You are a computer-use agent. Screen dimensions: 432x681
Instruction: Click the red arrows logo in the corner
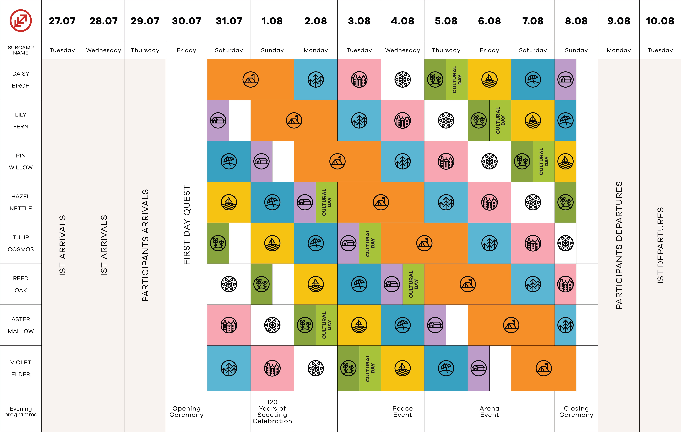point(21,21)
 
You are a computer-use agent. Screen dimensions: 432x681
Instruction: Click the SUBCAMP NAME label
point(21,50)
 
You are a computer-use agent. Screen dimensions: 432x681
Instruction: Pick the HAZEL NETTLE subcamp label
point(21,202)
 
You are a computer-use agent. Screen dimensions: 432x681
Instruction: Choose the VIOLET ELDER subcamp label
point(21,368)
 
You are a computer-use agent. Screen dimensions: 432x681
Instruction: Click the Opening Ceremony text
point(186,412)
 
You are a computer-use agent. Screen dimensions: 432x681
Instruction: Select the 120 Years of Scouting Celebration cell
point(272,412)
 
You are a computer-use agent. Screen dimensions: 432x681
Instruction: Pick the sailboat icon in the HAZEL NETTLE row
point(229,202)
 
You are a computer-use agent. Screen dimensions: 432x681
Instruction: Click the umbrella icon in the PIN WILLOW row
point(229,161)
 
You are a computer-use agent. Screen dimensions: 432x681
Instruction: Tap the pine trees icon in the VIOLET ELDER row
point(229,368)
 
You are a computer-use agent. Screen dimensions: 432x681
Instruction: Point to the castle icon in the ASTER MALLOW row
point(229,325)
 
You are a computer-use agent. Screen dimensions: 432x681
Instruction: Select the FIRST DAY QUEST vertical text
point(187,225)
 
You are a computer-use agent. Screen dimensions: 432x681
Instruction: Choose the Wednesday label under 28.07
point(103,50)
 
